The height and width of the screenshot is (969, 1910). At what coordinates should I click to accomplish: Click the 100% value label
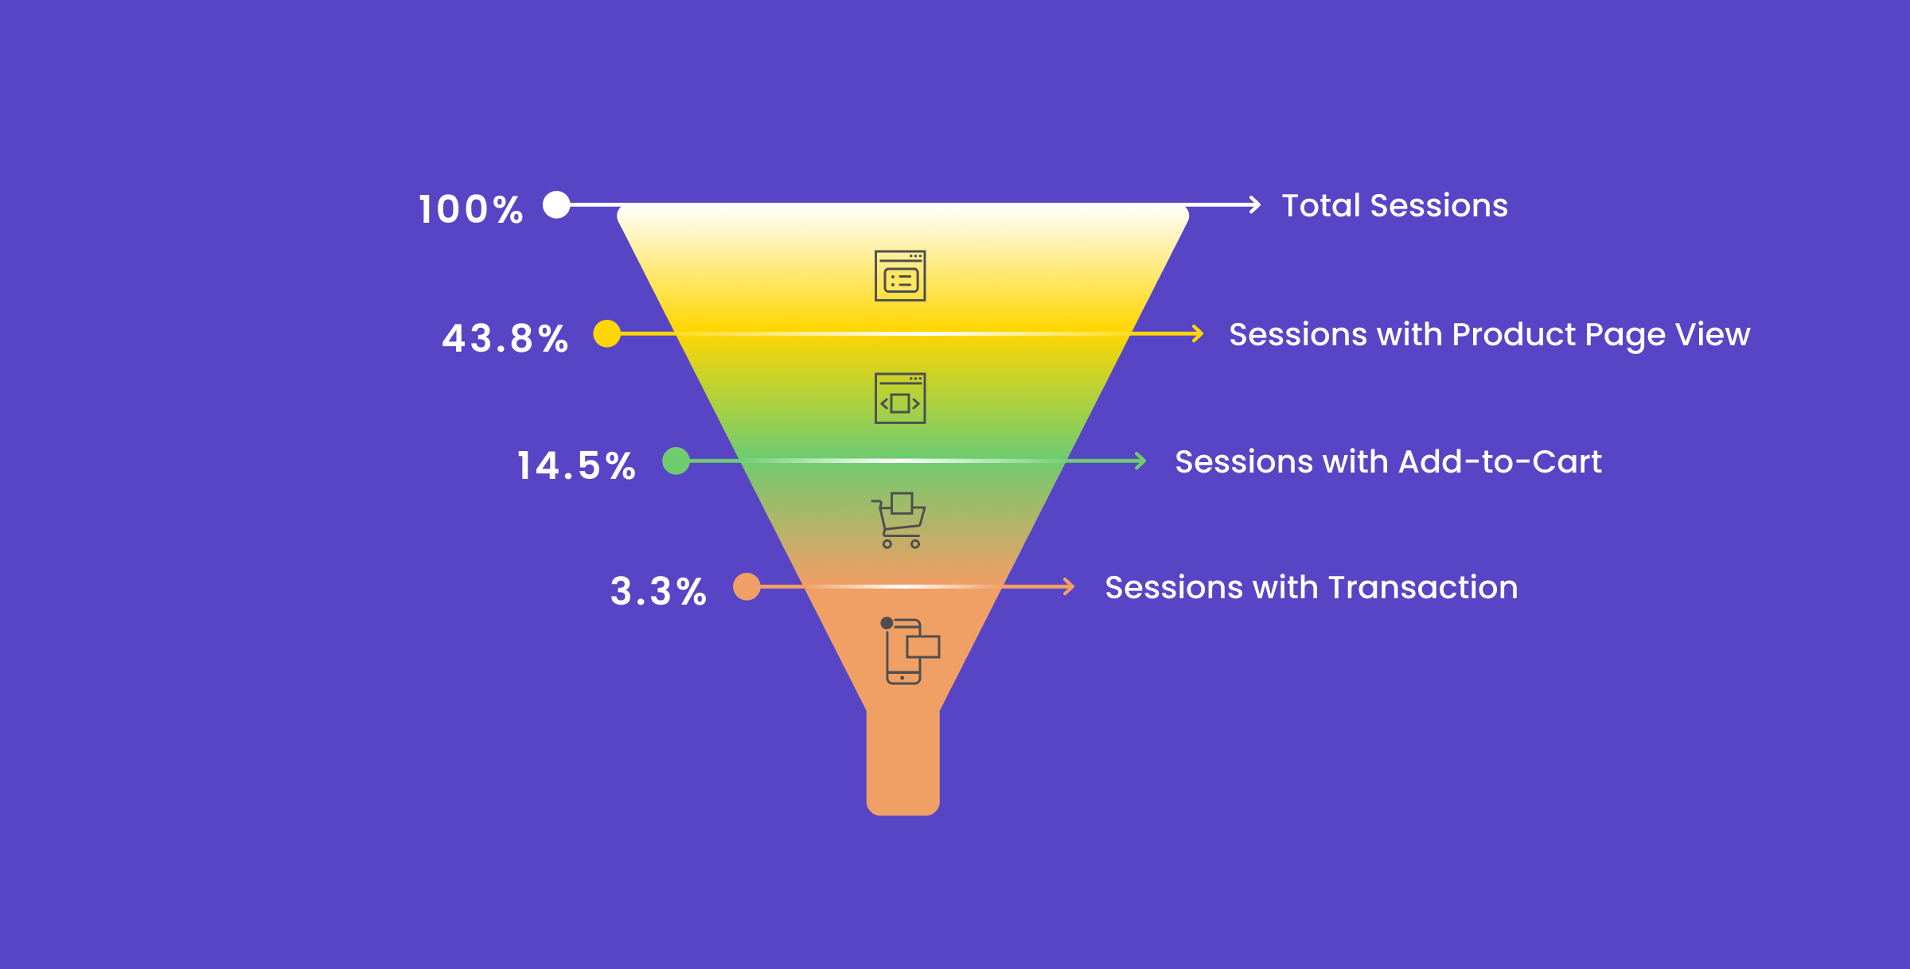pos(471,209)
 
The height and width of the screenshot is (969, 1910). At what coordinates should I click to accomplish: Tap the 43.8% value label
pos(505,338)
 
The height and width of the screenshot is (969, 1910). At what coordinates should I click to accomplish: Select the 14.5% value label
pos(576,465)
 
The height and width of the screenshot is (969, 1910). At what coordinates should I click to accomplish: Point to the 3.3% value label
pos(658,591)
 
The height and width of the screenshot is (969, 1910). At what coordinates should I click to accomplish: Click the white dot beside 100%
pos(556,204)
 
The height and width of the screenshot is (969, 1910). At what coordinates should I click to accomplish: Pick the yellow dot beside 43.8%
pos(606,333)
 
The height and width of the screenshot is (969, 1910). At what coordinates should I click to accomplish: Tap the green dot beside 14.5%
pos(676,461)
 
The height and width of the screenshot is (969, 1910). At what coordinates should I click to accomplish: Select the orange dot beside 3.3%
pos(746,586)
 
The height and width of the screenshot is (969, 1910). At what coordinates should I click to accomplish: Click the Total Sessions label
pos(1394,205)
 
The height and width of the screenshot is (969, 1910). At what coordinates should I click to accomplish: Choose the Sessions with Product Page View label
pos(1489,335)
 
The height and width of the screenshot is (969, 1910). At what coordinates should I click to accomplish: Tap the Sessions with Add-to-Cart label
pos(1388,461)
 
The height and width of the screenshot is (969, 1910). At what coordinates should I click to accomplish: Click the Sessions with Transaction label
pos(1311,587)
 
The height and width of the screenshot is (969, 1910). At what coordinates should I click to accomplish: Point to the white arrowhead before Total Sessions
pos(1255,204)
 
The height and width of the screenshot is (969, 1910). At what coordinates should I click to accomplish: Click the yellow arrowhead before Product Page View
pos(1198,333)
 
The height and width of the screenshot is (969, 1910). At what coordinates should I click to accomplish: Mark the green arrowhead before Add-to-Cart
pos(1140,461)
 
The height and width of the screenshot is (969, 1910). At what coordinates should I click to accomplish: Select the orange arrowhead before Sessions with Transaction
pos(1069,587)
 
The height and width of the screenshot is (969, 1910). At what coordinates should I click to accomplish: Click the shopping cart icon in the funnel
pos(898,520)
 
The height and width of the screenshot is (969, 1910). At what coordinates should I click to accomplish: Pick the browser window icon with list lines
pos(900,276)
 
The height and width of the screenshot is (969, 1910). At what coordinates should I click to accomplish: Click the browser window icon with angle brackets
pos(900,399)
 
